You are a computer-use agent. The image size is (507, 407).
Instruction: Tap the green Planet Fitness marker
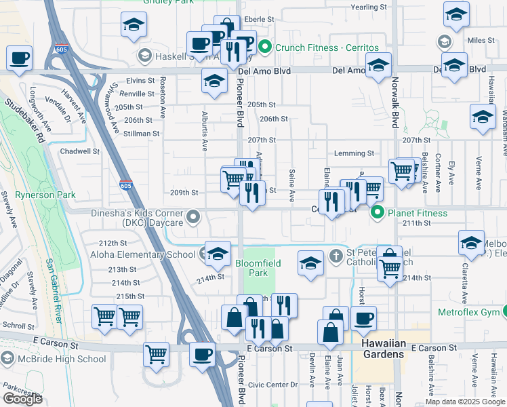click(x=378, y=213)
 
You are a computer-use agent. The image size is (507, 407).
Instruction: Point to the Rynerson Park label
click(x=37, y=195)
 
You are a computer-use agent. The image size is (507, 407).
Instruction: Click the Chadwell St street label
click(x=81, y=151)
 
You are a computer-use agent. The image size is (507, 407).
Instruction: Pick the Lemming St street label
click(x=354, y=154)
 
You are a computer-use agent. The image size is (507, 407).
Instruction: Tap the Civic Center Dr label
click(x=272, y=385)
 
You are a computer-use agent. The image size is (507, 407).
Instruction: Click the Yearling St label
click(x=369, y=7)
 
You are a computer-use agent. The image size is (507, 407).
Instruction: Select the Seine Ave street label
click(x=291, y=185)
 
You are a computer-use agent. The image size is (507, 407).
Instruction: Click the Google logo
click(x=22, y=399)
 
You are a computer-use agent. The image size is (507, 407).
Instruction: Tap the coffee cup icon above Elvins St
click(x=20, y=58)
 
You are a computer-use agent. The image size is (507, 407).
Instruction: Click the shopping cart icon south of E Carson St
click(x=157, y=354)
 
